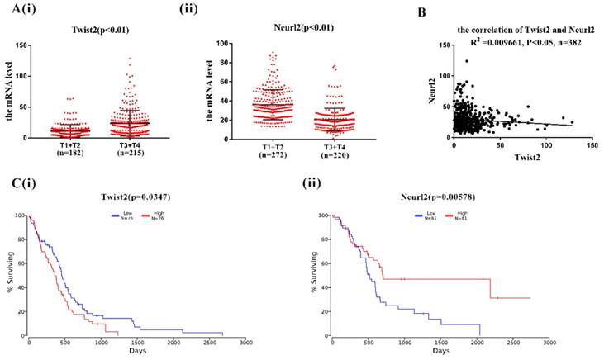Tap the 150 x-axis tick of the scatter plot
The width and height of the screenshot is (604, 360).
[591, 145]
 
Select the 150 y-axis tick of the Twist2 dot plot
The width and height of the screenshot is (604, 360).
[26, 46]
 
